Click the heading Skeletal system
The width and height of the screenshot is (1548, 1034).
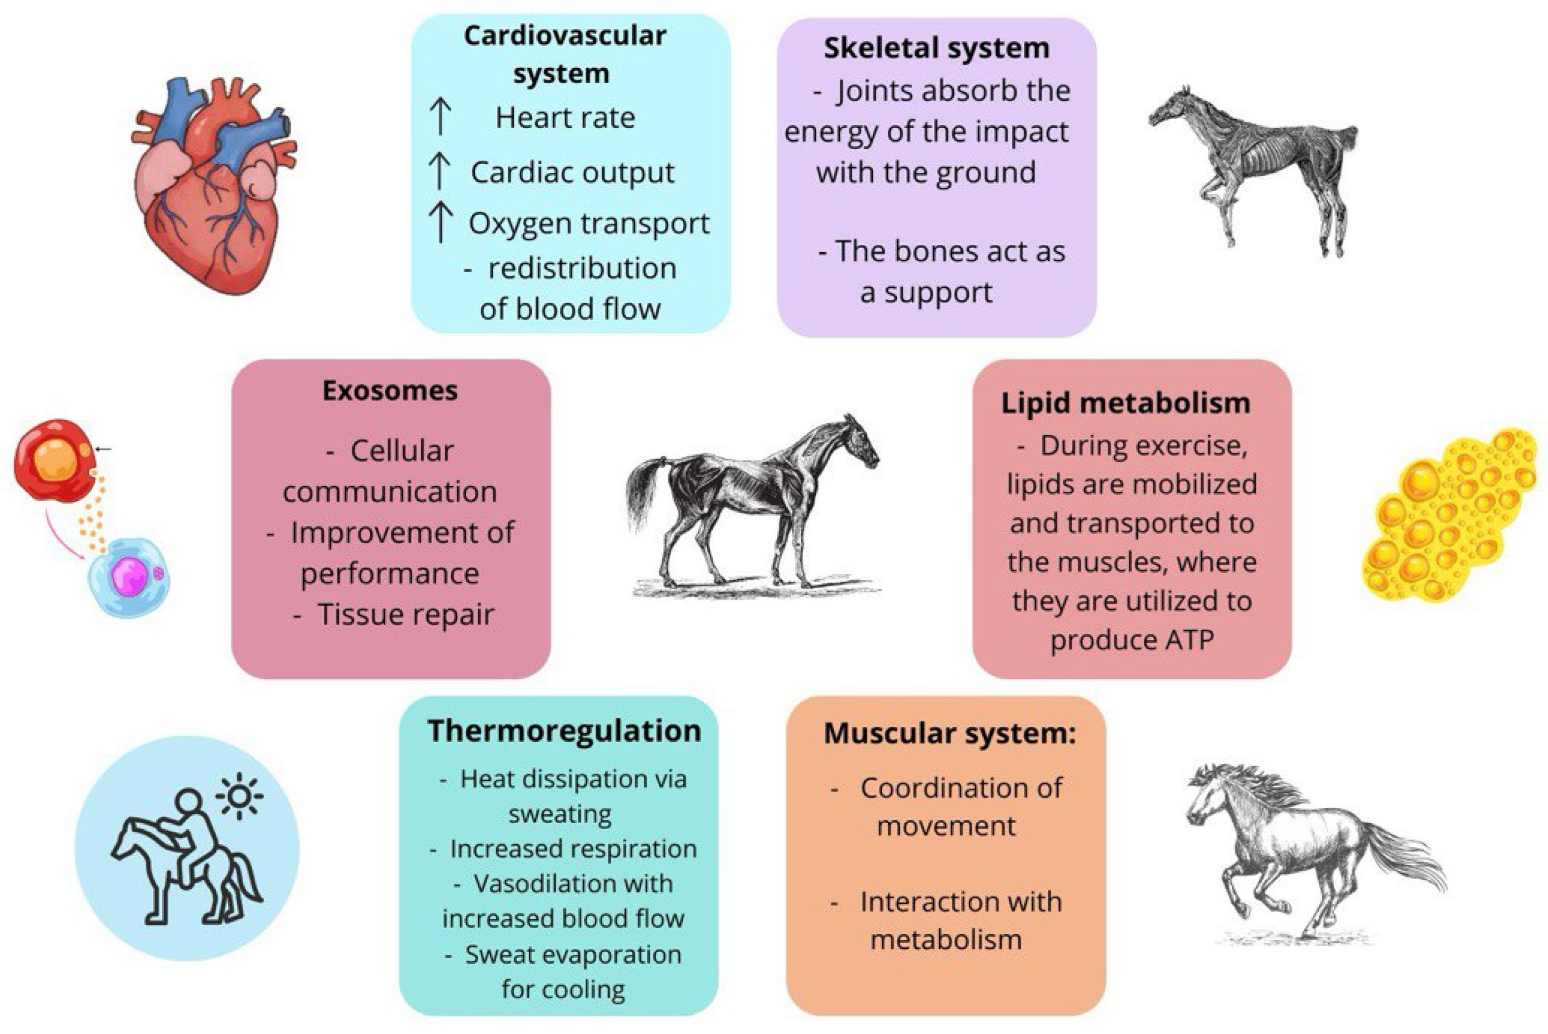(x=936, y=48)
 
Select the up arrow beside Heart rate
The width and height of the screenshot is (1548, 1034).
(x=440, y=117)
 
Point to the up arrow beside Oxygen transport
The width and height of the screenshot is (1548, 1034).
(x=440, y=222)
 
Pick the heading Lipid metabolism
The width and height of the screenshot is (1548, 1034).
(x=1125, y=403)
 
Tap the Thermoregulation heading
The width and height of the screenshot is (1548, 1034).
(x=564, y=730)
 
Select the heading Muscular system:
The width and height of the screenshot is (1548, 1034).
(x=950, y=733)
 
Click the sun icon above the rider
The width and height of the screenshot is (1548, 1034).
(x=239, y=797)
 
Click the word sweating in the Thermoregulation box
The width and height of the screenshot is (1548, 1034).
(x=560, y=814)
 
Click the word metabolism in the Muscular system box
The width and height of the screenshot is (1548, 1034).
(x=946, y=939)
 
